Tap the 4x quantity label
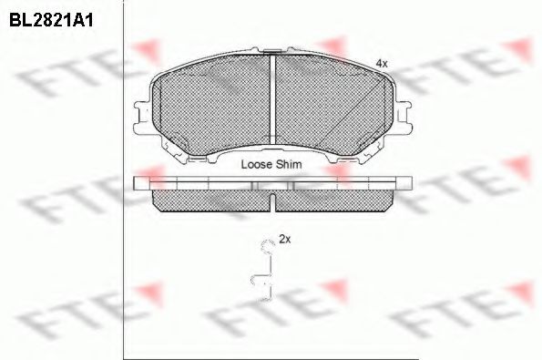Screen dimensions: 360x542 pyautogui.click(x=382, y=63)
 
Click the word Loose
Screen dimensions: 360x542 pyautogui.click(x=257, y=166)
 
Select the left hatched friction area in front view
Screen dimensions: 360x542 pyautogui.click(x=214, y=109)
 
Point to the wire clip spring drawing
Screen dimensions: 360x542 pyautogui.click(x=266, y=271)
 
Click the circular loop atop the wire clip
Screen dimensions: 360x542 pyautogui.click(x=267, y=243)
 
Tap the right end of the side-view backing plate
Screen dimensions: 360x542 pyautogui.click(x=407, y=183)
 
